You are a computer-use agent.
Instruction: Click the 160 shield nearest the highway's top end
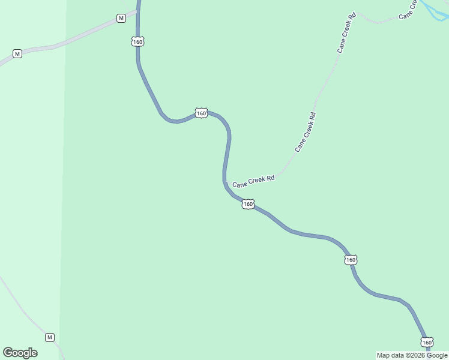[x=138, y=41]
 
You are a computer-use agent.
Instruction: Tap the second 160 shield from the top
[x=201, y=113]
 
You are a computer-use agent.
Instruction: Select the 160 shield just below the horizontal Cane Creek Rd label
[x=249, y=205]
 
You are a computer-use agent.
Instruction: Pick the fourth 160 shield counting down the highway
[x=351, y=260]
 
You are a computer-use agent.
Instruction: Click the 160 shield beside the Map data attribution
[x=427, y=342]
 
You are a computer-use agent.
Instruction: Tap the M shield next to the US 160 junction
[x=121, y=18]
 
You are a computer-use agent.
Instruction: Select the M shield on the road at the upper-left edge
[x=17, y=54]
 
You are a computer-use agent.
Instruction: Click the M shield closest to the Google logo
[x=49, y=337]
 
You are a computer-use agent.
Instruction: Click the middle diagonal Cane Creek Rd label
[x=305, y=131]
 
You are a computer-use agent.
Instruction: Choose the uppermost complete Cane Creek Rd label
[x=347, y=32]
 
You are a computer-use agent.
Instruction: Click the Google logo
[x=20, y=353]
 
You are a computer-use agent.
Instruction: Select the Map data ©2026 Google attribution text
[x=412, y=355]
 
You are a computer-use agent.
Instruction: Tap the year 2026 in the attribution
[x=417, y=355]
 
